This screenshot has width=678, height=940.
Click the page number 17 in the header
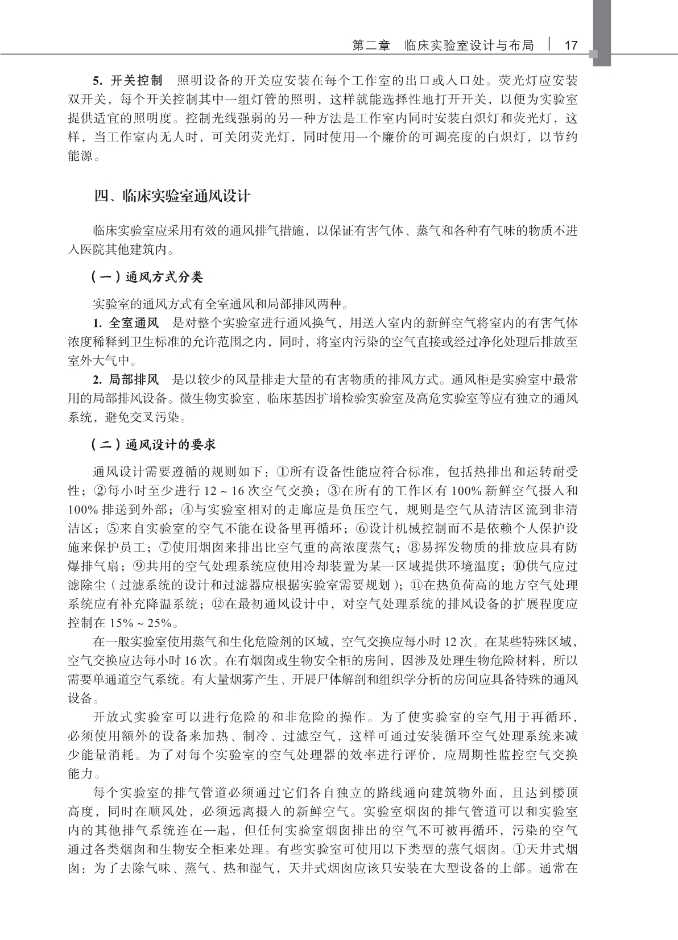[570, 45]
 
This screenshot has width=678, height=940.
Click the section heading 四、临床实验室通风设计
[172, 197]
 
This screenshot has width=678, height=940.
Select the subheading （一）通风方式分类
[147, 277]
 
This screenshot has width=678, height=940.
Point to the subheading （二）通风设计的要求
[154, 445]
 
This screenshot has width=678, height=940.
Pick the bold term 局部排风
[134, 379]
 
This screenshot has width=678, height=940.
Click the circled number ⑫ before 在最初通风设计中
[217, 604]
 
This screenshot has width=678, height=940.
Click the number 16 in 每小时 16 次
[191, 661]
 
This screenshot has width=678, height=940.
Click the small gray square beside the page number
[593, 54]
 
